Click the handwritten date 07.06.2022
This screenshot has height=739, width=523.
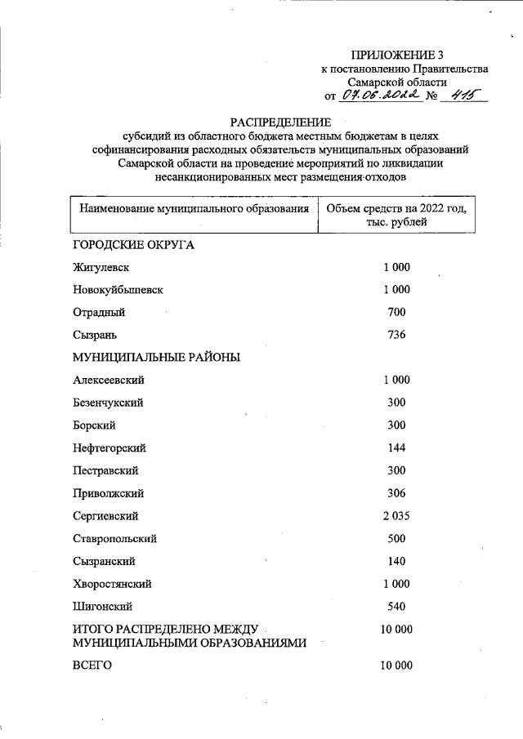click(x=381, y=96)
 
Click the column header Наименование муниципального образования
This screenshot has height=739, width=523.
click(x=194, y=209)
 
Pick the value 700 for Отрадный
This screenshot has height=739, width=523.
click(x=396, y=312)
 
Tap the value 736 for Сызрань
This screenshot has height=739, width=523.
click(x=396, y=335)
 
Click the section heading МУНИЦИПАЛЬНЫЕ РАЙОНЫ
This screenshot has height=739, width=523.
click(x=156, y=358)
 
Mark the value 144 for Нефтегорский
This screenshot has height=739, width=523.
click(x=396, y=448)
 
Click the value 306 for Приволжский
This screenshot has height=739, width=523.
click(x=396, y=493)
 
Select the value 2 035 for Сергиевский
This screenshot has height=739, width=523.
click(x=396, y=516)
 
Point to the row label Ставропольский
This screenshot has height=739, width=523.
click(x=114, y=539)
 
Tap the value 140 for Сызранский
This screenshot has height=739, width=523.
click(x=396, y=562)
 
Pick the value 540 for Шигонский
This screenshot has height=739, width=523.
click(x=396, y=607)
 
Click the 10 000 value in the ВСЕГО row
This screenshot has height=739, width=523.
click(x=396, y=666)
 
